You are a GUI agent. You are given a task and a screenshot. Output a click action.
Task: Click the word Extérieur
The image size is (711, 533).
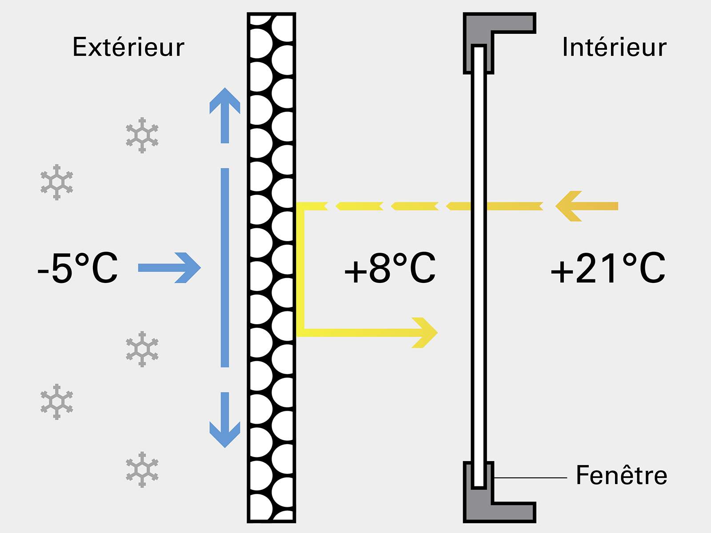[128, 47]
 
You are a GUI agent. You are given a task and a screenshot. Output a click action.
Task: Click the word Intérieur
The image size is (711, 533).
[614, 47]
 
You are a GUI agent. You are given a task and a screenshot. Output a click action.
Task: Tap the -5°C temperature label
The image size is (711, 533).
[77, 268]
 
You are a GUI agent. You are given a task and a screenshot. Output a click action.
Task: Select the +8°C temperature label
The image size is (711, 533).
[390, 268]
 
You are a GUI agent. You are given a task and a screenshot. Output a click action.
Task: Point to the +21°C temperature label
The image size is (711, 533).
[608, 268]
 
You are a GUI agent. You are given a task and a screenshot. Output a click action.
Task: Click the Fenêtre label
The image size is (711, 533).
[622, 475]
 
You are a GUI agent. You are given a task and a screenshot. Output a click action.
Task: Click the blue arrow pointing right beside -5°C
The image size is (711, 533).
[169, 268]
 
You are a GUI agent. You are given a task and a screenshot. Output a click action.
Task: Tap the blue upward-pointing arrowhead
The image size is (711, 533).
[225, 100]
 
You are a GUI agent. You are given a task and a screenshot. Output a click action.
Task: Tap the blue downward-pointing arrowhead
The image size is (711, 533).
[225, 435]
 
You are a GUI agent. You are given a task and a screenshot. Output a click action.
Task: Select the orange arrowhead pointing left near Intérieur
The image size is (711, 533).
[568, 206]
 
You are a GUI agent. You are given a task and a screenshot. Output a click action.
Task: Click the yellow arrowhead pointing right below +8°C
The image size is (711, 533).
[425, 333]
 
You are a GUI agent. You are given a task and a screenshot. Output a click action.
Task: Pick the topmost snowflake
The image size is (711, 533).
[142, 135]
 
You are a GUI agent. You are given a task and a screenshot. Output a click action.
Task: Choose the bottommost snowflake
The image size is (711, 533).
[142, 469]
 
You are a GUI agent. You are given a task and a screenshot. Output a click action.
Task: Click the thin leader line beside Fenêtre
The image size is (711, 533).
[531, 477]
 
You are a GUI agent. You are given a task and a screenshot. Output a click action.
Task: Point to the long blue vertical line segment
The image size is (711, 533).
[225, 268]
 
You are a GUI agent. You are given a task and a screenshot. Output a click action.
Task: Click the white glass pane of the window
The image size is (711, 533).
[479, 266]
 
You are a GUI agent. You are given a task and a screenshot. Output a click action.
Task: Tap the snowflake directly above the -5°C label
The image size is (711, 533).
[57, 182]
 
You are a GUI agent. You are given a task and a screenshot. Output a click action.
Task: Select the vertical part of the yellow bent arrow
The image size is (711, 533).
[300, 269]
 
